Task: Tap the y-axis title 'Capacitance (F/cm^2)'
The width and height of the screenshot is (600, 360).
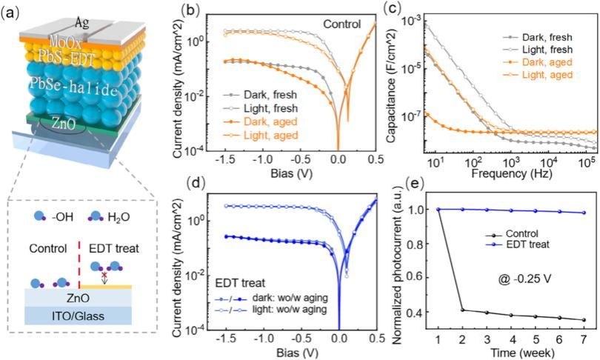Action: point(393,85)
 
